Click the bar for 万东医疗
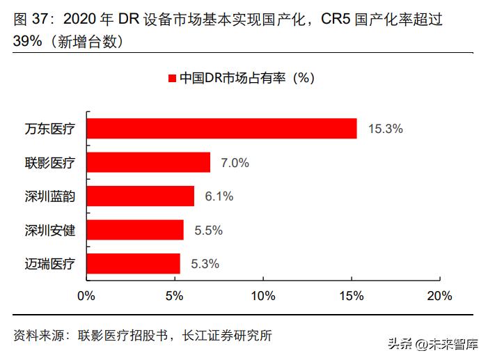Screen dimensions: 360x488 coord(221,129)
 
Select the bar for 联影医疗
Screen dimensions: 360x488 coord(148,162)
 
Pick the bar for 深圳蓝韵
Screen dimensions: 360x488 coord(140,196)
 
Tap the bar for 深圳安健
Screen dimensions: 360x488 coord(135,230)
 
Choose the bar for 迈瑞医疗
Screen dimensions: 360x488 coord(133,263)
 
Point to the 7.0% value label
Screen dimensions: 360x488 coord(235,163)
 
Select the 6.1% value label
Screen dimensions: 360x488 coord(219,196)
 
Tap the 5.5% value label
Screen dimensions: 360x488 coord(208,230)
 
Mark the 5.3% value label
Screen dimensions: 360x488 coord(205,263)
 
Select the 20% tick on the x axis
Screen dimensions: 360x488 coord(439,296)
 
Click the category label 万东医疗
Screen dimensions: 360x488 coord(49,129)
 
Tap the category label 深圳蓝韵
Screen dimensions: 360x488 coord(49,196)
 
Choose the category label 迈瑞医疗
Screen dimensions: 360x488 coord(49,263)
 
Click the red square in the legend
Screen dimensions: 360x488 coord(171,78)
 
